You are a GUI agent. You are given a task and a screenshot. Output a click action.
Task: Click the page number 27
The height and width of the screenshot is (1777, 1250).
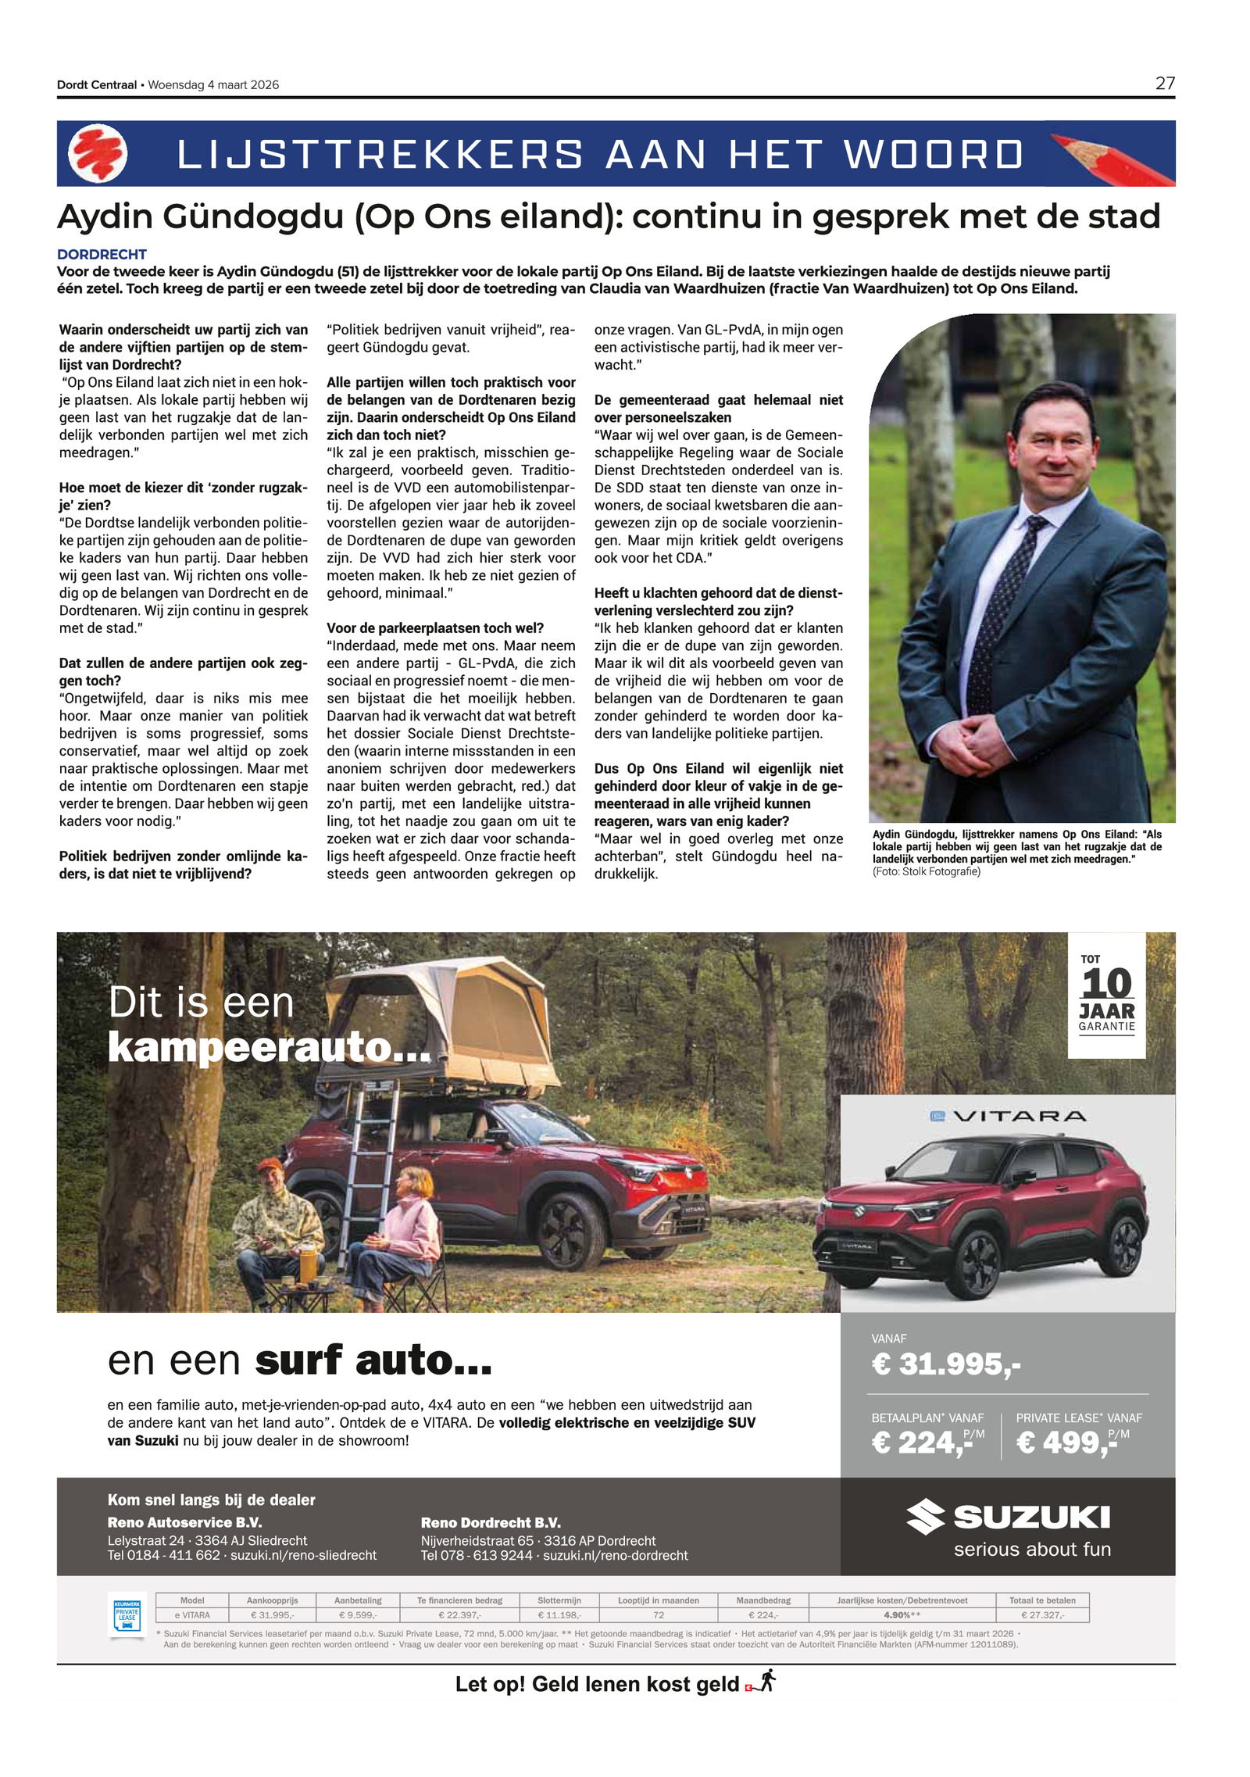[x=1164, y=83]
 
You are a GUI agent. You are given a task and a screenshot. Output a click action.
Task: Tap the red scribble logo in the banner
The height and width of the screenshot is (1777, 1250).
[x=98, y=153]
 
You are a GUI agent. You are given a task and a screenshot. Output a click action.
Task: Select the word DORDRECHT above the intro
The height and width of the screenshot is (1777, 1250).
[x=102, y=254]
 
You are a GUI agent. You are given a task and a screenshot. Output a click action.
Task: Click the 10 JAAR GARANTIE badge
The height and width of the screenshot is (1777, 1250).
[x=1106, y=995]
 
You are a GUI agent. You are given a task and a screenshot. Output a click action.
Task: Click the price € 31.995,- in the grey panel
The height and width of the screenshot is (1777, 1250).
[x=945, y=1364]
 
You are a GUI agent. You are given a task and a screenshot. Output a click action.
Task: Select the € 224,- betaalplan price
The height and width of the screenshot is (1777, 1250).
[x=922, y=1443]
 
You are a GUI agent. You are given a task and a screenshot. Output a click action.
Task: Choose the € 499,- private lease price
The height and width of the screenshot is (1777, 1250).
[x=1066, y=1443]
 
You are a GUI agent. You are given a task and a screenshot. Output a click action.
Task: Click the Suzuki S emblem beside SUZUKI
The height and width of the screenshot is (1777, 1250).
[x=925, y=1517]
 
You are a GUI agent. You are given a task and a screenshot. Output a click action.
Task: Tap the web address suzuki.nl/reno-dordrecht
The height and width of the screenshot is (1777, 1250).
[x=615, y=1555]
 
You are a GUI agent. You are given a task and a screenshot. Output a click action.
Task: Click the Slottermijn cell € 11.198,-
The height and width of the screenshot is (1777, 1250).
[x=559, y=1615]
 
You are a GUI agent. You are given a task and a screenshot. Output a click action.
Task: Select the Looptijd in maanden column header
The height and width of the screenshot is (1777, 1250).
[x=658, y=1600]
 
